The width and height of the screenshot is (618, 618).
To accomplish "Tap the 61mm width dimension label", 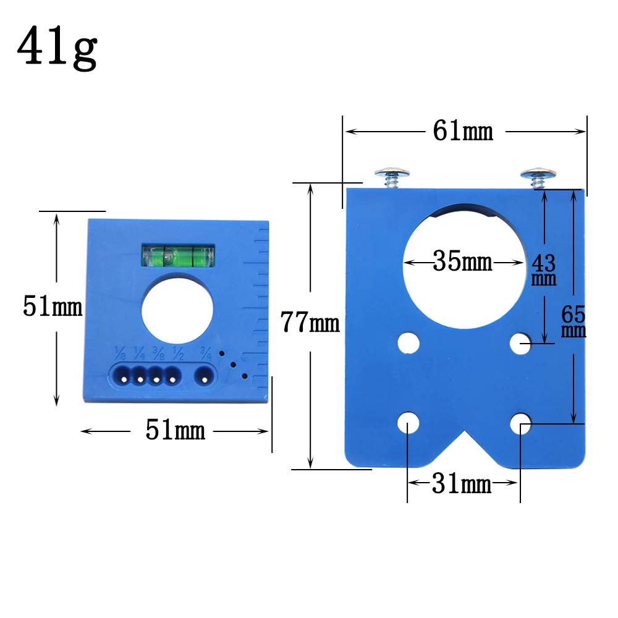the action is (x=463, y=131).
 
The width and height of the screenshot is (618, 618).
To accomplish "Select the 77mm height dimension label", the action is (x=310, y=322).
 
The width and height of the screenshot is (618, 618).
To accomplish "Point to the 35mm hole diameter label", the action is (x=463, y=261).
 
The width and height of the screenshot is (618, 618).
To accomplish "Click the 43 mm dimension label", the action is (x=544, y=269).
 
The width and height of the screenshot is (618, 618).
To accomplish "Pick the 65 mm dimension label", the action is (x=574, y=321).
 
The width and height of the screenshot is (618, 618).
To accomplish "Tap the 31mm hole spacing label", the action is (x=462, y=483).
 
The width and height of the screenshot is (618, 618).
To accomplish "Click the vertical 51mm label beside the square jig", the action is (x=53, y=307).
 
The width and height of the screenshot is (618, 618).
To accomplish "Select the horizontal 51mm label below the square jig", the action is (x=176, y=430).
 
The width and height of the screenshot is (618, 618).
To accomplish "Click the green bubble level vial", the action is (x=178, y=255).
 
